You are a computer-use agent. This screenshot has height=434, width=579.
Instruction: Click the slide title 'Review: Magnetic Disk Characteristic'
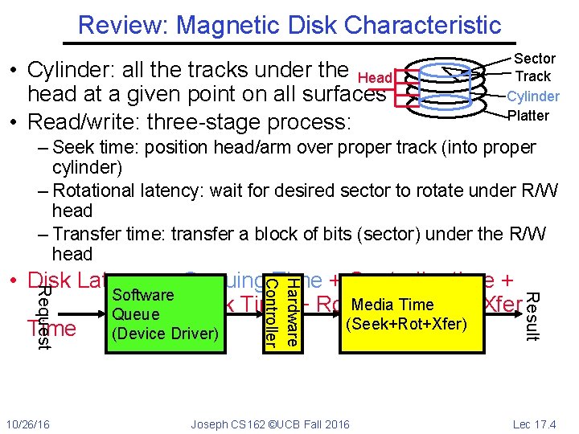tap(289, 24)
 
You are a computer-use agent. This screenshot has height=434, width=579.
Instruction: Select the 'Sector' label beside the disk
tap(534, 59)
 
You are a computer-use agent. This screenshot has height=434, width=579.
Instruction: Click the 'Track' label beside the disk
tap(532, 76)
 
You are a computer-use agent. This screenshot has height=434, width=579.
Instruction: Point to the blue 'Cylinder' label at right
tap(532, 96)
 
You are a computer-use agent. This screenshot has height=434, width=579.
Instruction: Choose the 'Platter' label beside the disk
tap(528, 115)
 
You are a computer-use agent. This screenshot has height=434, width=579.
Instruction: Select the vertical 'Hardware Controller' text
tap(283, 313)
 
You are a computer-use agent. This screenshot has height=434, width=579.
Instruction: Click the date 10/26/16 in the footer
tap(27, 424)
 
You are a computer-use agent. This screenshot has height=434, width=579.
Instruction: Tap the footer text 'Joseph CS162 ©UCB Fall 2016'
tap(270, 424)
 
